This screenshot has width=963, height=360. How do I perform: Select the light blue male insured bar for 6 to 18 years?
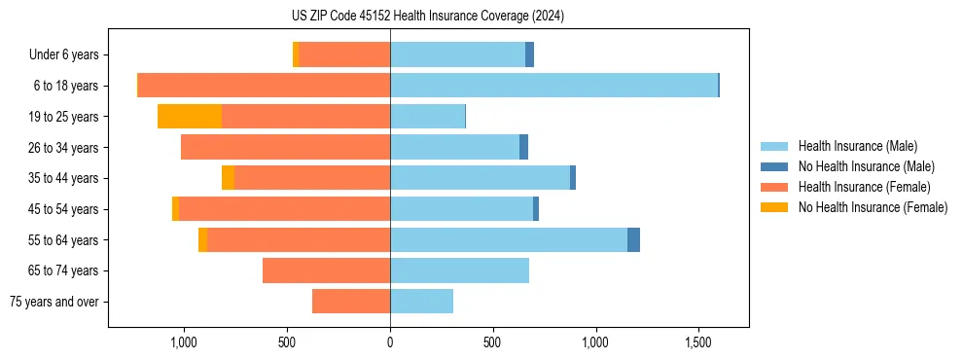553,86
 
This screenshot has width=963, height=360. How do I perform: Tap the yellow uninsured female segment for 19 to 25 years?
190,117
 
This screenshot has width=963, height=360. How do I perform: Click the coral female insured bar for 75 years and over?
351,302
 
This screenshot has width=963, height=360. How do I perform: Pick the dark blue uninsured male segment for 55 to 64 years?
633,240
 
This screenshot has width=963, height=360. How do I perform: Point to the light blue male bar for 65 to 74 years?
459,270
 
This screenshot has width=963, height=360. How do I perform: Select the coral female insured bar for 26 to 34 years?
285,148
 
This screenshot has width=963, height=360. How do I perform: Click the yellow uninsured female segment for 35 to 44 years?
228,178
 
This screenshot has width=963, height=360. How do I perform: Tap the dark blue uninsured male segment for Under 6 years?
529,55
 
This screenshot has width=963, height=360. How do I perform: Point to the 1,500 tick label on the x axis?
699,342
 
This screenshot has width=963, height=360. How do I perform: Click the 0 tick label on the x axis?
390,342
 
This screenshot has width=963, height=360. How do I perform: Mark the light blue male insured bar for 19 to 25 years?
427,117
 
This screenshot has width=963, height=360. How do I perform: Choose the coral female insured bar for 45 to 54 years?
284,209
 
